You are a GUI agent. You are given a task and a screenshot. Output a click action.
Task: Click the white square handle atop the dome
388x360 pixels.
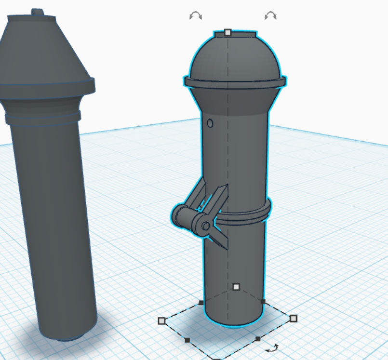click(x=228, y=33)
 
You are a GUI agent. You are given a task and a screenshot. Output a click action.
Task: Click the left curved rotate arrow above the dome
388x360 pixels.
click(x=195, y=16)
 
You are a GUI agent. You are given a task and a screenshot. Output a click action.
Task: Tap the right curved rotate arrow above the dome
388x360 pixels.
click(x=270, y=16)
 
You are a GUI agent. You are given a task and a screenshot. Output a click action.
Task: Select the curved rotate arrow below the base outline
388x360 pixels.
click(x=273, y=347)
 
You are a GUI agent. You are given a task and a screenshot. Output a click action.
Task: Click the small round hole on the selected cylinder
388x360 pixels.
click(x=210, y=123)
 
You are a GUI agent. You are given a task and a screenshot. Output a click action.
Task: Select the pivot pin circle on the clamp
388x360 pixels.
click(x=206, y=226)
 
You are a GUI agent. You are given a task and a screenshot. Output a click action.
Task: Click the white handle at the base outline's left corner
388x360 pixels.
click(x=162, y=320)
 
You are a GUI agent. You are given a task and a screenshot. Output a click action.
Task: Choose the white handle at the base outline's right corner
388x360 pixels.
click(x=294, y=318)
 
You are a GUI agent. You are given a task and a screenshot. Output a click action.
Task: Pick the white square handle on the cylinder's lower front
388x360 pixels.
click(x=236, y=287)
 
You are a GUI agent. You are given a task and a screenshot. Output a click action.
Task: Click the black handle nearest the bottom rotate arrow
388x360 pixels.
click(x=258, y=339)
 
